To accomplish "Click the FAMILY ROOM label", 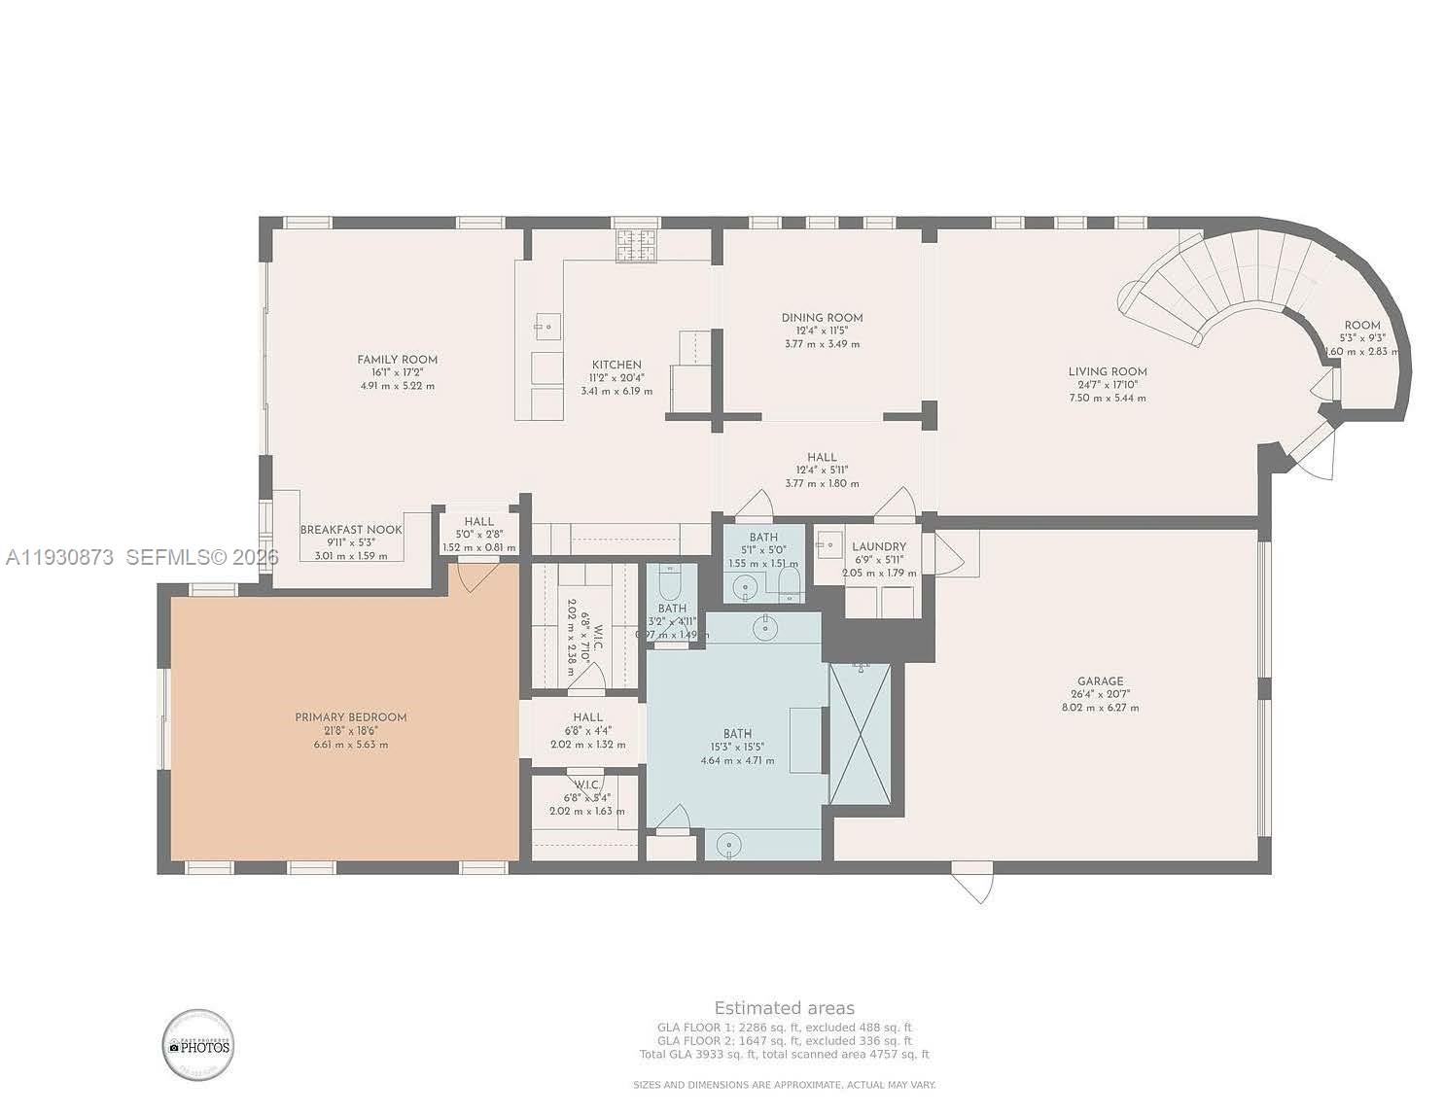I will point(397,360).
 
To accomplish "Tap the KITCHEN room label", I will point(616,365).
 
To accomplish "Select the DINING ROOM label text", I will point(822,318).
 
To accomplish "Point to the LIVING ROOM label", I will point(1107,371).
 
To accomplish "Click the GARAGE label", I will point(1100,681).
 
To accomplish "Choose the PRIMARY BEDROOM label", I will point(350,717).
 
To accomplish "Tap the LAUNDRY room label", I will point(878,547).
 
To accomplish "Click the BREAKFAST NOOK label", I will point(350,530).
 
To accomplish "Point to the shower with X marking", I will point(860,733).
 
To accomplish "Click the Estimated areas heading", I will point(784,1008).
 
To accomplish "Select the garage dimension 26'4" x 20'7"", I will point(1100,695).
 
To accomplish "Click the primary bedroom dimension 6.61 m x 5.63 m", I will point(350,745).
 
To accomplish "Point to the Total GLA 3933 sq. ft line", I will point(784,1055).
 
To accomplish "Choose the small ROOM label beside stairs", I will point(1361,326).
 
